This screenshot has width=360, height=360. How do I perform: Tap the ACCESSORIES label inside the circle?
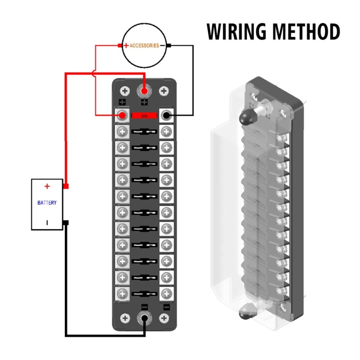[144, 46]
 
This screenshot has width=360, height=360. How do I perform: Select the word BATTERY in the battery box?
[47, 203]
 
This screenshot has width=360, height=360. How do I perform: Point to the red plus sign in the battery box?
[47, 186]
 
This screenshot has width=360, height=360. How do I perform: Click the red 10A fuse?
[144, 116]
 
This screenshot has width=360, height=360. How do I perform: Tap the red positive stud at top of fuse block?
[144, 90]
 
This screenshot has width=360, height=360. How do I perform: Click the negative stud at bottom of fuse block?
[144, 318]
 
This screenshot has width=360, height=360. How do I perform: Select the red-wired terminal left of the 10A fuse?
[123, 116]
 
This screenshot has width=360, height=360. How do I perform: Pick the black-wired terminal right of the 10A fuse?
[166, 116]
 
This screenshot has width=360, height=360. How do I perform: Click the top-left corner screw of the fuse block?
[124, 90]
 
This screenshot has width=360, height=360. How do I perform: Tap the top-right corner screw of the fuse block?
[164, 90]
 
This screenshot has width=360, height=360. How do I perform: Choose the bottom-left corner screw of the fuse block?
[124, 318]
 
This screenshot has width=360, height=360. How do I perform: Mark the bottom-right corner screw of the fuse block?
[164, 318]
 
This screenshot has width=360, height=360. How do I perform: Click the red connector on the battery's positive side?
[66, 186]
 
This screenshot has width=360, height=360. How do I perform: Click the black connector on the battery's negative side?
[66, 223]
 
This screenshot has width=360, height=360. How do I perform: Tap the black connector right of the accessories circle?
[169, 46]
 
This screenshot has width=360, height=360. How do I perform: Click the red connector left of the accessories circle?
[120, 46]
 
